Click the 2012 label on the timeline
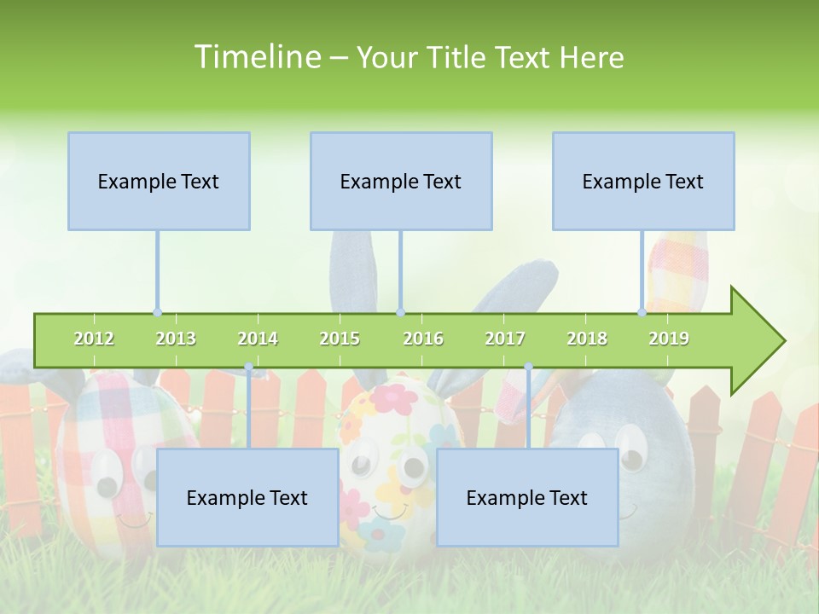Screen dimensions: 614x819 click(94, 339)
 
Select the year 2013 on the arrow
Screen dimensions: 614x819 click(176, 339)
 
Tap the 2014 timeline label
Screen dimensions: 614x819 click(258, 339)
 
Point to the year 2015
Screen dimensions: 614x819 click(340, 339)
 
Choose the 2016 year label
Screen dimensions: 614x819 click(423, 339)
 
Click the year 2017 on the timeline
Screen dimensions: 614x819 click(505, 339)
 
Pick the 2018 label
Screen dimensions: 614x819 click(587, 339)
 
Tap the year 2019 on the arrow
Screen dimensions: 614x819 click(669, 339)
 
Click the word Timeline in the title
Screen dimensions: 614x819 click(256, 57)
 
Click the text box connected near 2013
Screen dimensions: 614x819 click(159, 181)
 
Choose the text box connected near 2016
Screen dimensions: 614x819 click(401, 181)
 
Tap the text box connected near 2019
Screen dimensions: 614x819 click(643, 181)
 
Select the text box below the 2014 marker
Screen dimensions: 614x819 click(247, 497)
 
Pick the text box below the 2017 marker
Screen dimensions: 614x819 click(527, 497)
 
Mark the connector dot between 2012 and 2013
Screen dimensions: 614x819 click(157, 313)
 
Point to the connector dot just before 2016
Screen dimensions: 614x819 click(400, 313)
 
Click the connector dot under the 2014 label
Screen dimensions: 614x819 click(248, 368)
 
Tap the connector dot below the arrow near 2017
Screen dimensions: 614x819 click(528, 368)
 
